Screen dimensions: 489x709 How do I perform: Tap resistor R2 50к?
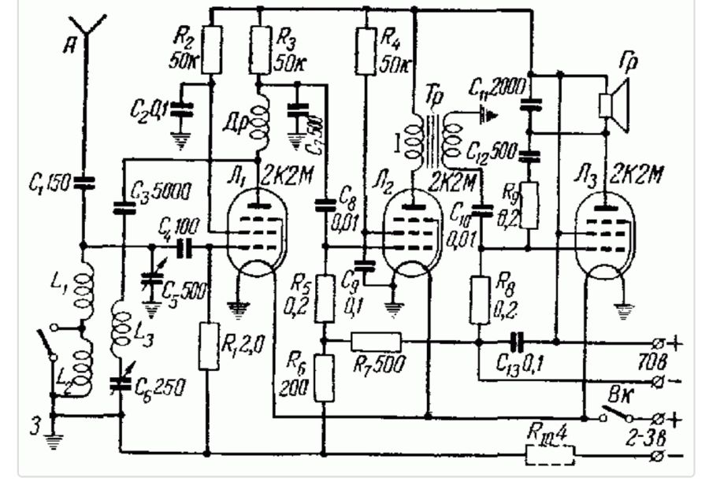[x=210, y=49]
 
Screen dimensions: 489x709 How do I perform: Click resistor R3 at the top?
[x=259, y=49]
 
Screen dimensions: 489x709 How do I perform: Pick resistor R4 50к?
[x=365, y=51]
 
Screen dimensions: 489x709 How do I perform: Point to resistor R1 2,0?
[x=208, y=346]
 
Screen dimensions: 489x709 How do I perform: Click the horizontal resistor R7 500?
[x=375, y=341]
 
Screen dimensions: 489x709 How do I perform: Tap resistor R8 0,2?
[x=480, y=299]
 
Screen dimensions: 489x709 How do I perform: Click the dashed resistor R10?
[x=549, y=454]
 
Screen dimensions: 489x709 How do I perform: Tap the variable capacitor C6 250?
[x=121, y=383]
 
